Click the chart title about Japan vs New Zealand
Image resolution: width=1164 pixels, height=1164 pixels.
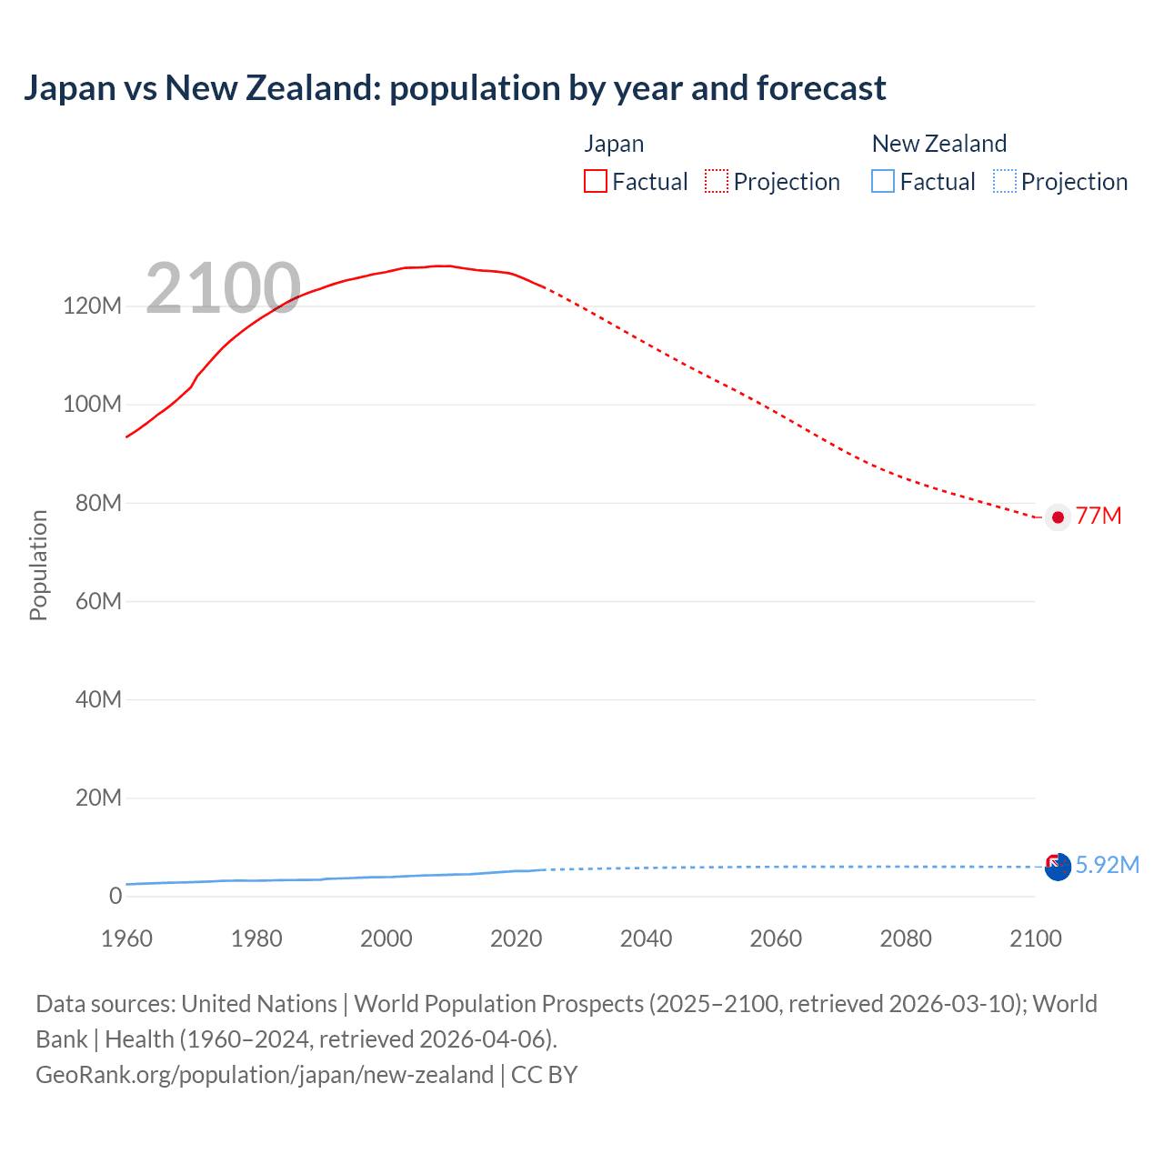click(455, 88)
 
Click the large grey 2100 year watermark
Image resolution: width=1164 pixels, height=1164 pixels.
click(223, 288)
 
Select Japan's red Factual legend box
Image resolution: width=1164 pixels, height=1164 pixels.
click(595, 182)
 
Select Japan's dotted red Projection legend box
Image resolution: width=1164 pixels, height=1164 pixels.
click(717, 182)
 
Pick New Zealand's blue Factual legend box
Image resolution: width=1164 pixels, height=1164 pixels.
click(882, 182)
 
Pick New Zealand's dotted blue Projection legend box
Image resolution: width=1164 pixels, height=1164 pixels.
click(1004, 182)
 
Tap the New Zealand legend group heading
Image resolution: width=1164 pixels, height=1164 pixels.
click(938, 144)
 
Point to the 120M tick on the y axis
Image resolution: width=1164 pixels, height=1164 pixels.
click(92, 306)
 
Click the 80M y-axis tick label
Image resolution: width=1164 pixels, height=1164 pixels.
click(98, 503)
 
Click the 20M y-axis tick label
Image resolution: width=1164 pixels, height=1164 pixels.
click(98, 798)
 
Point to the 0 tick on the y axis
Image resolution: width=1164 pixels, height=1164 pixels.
click(115, 896)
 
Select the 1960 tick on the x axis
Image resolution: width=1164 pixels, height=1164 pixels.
click(126, 938)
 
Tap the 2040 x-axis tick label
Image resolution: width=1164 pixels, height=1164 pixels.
click(646, 938)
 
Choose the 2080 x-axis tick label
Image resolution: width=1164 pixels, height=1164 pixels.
click(906, 938)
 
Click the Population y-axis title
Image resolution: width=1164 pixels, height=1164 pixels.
click(38, 565)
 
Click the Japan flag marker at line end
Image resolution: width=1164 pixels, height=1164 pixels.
click(1057, 517)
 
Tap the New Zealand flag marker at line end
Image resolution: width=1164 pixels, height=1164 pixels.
click(1057, 867)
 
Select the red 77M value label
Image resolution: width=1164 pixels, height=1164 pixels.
click(1098, 517)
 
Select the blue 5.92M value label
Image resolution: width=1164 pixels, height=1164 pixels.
click(1107, 865)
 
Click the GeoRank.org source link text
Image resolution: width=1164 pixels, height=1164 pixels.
click(264, 1074)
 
